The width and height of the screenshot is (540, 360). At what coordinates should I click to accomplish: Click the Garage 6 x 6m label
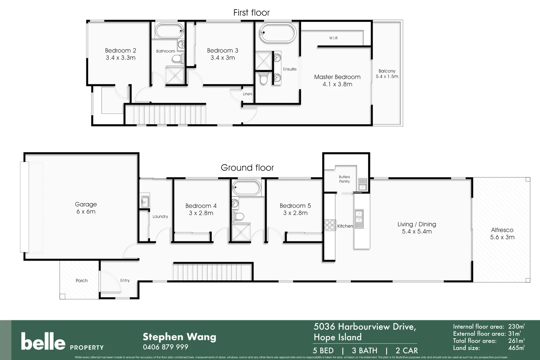pos(86,208)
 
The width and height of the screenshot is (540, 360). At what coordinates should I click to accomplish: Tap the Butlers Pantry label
pos(344,179)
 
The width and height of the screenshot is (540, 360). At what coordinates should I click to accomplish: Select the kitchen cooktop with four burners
pos(330,225)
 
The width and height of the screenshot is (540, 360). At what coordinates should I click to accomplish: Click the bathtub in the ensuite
pos(278,32)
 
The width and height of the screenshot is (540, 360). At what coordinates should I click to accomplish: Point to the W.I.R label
pos(333,38)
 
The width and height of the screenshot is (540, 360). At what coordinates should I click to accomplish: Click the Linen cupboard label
pos(247,94)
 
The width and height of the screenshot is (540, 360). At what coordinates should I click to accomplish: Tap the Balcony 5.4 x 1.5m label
pos(387,74)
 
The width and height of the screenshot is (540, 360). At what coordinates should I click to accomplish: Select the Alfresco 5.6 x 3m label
pos(502,233)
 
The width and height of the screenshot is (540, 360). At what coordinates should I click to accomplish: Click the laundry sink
pos(145,201)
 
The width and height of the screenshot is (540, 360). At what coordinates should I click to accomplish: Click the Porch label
pos(81,281)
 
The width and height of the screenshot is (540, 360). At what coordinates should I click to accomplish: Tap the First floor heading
pos(251,13)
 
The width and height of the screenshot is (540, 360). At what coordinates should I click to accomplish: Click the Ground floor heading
pos(247,168)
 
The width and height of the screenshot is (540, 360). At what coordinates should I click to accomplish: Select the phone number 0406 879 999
pos(165,347)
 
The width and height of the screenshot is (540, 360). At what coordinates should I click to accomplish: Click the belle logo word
pos(43,341)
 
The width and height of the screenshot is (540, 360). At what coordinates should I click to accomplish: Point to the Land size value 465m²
pos(516,348)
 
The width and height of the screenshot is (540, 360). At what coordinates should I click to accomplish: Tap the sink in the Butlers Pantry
pos(362,184)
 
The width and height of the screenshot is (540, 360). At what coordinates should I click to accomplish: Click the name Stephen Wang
pos(179,337)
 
